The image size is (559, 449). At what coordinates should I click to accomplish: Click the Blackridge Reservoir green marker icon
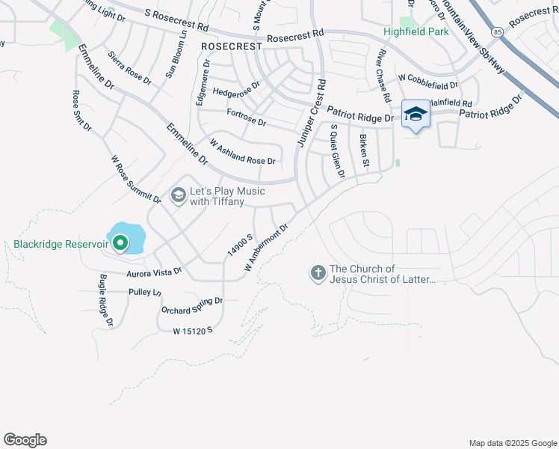click(120, 241)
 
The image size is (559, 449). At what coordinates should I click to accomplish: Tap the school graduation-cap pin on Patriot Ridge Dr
click(416, 114)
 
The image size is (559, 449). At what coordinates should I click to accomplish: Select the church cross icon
click(318, 273)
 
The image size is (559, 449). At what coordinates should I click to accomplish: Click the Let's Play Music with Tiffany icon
click(178, 196)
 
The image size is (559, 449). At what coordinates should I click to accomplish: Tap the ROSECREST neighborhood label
click(232, 46)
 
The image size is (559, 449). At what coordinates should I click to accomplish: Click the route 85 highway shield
click(497, 31)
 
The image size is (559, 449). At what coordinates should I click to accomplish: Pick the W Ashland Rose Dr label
click(243, 151)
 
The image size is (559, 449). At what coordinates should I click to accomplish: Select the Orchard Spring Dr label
click(192, 305)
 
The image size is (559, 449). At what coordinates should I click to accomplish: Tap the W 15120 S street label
click(193, 330)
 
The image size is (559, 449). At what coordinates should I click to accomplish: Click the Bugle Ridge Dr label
click(105, 300)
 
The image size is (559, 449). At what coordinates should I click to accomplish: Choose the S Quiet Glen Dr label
click(337, 151)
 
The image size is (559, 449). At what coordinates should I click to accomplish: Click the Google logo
click(25, 440)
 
